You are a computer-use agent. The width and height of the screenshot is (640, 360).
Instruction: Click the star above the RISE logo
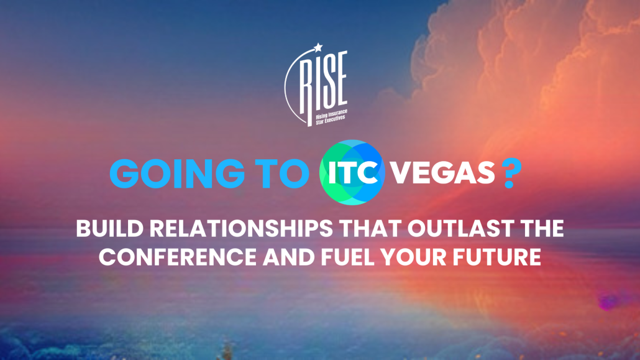click(x=318, y=48)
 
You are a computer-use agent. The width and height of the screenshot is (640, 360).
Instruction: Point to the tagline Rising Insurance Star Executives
click(x=331, y=117)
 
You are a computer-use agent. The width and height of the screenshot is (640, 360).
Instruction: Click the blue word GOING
click(x=177, y=173)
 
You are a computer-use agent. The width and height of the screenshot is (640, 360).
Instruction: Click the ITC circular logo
click(x=352, y=172)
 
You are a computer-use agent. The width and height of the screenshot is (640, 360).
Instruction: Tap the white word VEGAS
click(x=442, y=173)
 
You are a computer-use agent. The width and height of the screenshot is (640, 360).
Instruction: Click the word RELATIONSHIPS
click(x=241, y=229)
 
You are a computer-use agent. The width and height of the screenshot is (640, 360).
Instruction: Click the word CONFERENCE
click(x=178, y=257)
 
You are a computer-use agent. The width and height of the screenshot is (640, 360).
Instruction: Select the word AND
click(x=288, y=257)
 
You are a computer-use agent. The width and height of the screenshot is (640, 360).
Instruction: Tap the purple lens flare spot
click(x=608, y=302)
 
